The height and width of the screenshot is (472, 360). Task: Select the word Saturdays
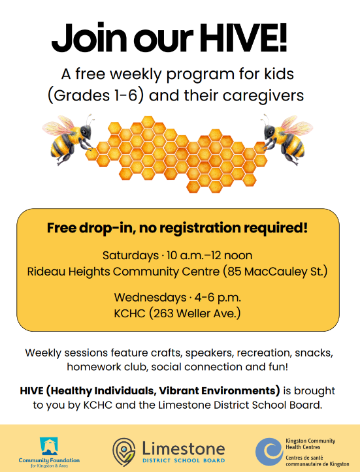click(x=129, y=255)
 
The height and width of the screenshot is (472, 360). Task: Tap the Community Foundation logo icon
click(x=49, y=446)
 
